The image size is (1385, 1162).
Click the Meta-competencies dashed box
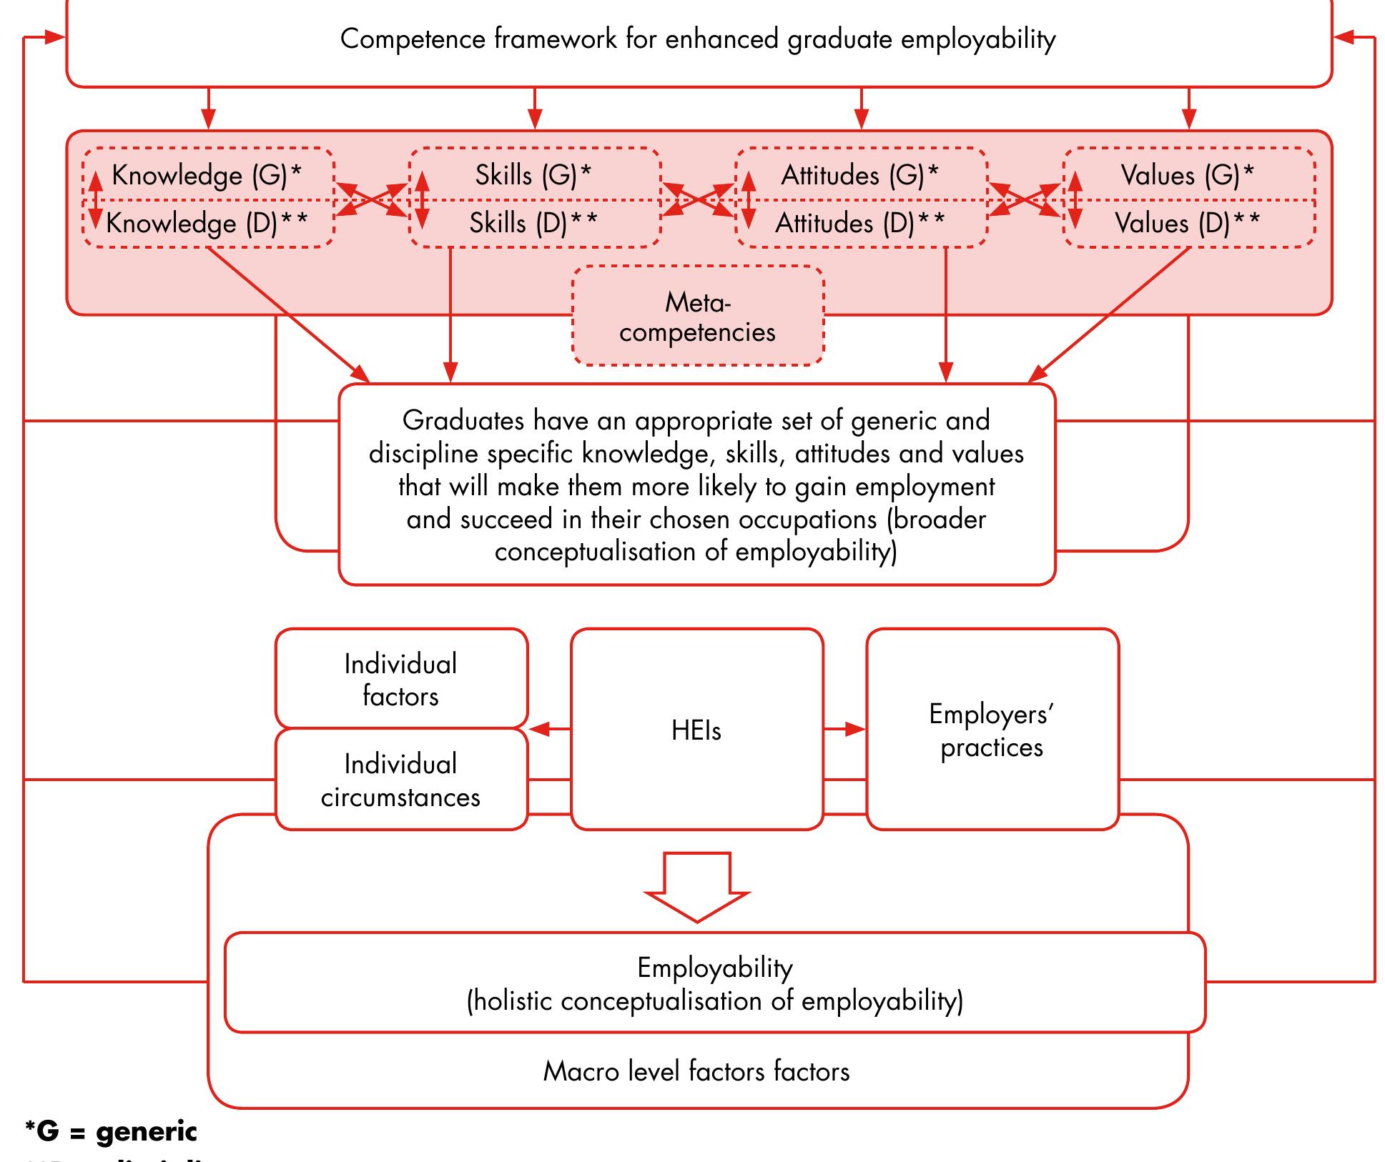pyautogui.click(x=697, y=317)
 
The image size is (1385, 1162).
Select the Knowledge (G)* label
pyautogui.click(x=207, y=175)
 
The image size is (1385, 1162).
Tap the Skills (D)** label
pyautogui.click(x=533, y=223)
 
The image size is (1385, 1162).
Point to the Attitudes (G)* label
pyautogui.click(x=859, y=175)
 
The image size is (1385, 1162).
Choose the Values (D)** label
pyautogui.click(x=1188, y=223)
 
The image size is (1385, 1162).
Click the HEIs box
pyautogui.click(x=696, y=730)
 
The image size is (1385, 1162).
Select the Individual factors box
pyautogui.click(x=400, y=679)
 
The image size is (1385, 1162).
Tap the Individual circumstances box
pyautogui.click(x=400, y=780)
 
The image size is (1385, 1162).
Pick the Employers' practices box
pyautogui.click(x=992, y=730)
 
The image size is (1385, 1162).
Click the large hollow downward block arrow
pyautogui.click(x=697, y=886)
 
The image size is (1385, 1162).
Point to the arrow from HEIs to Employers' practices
pyautogui.click(x=844, y=729)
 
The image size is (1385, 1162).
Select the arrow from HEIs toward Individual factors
pyautogui.click(x=549, y=729)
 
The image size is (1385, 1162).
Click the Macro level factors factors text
pyautogui.click(x=696, y=1071)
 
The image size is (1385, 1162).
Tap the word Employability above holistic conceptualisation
pyautogui.click(x=715, y=968)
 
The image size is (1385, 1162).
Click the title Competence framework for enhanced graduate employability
pyautogui.click(x=698, y=39)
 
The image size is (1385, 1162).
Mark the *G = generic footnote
pyautogui.click(x=111, y=1131)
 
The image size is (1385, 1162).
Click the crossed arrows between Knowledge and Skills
pyautogui.click(x=371, y=199)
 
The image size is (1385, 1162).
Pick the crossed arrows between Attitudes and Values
pyautogui.click(x=1025, y=199)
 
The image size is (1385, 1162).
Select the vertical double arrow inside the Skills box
pyautogui.click(x=422, y=199)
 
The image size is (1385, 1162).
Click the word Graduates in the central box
pyautogui.click(x=463, y=420)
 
